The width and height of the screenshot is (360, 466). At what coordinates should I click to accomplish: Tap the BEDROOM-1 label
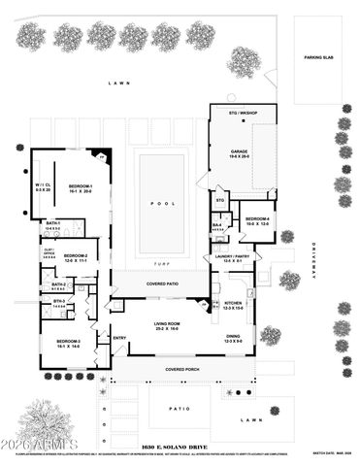[x=80, y=185]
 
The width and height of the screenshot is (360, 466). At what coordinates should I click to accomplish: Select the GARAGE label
[x=239, y=151]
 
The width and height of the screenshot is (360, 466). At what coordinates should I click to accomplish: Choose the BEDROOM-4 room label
[x=258, y=219]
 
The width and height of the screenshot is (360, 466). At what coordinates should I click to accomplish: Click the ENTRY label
[x=119, y=338]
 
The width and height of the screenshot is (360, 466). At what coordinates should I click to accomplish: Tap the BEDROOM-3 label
[x=68, y=342]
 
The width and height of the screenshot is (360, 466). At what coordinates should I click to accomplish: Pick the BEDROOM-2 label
[x=76, y=255]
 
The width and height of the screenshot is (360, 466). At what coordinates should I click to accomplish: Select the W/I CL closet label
[x=44, y=186]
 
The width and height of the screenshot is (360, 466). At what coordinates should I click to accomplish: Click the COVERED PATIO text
[x=160, y=283]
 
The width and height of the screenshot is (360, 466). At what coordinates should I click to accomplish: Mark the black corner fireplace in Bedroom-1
[x=104, y=155]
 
